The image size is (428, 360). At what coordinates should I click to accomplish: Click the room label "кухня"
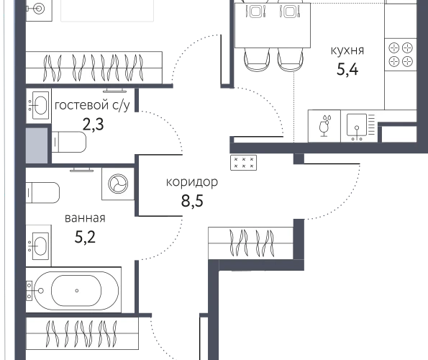click(347, 51)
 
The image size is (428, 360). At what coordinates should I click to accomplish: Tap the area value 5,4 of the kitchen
click(347, 69)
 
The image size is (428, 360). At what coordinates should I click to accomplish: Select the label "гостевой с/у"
click(92, 105)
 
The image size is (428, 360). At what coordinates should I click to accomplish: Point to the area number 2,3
click(93, 125)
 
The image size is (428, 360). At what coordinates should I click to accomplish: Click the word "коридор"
click(192, 182)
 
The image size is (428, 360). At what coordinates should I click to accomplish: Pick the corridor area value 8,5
click(192, 201)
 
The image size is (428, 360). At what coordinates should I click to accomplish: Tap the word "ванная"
click(85, 218)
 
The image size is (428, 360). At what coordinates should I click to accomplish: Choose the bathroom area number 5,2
click(85, 237)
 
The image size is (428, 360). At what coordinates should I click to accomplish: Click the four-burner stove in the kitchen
click(401, 55)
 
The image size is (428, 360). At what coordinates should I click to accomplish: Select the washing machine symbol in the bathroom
click(118, 184)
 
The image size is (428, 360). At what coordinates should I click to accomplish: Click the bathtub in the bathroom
click(73, 290)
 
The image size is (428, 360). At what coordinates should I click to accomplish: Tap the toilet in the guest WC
click(69, 142)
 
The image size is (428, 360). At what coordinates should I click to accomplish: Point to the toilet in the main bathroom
click(43, 193)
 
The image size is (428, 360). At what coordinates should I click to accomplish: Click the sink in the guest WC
click(39, 105)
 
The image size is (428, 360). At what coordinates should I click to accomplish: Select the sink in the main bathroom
click(39, 246)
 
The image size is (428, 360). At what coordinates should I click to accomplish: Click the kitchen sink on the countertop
click(359, 126)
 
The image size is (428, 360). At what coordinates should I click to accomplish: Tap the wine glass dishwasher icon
click(324, 126)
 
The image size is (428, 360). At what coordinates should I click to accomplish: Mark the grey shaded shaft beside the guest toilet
click(37, 145)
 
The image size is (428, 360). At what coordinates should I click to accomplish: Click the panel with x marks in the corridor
click(243, 163)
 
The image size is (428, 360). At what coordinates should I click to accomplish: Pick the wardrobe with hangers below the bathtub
click(82, 333)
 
